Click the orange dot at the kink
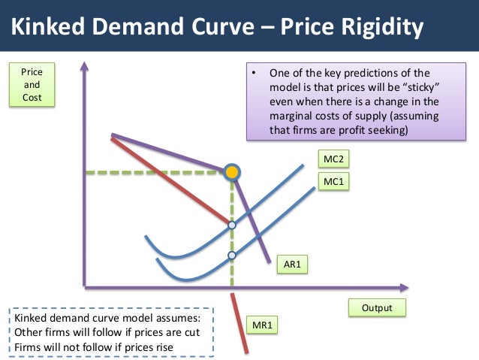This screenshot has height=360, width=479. click(x=232, y=173)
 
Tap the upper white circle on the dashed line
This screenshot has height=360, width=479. click(x=232, y=225)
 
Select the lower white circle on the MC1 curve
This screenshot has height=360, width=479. click(x=232, y=256)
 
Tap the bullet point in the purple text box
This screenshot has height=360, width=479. click(x=255, y=74)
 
